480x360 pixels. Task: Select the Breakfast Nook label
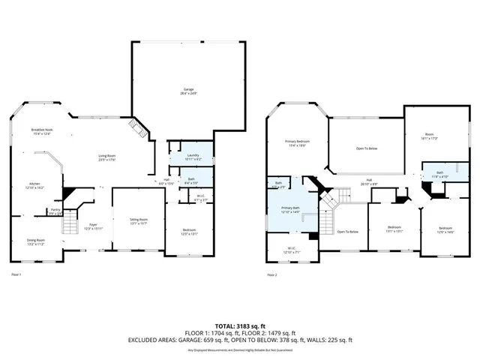point(42,132)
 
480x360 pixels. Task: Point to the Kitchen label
point(34,185)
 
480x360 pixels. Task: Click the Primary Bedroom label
point(297,143)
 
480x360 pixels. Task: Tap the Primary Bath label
point(291,211)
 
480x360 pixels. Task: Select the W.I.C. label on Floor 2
point(290,250)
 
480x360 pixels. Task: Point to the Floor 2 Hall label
point(369,181)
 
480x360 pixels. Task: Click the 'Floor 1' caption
point(16,274)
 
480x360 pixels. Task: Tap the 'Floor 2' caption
point(272,274)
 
